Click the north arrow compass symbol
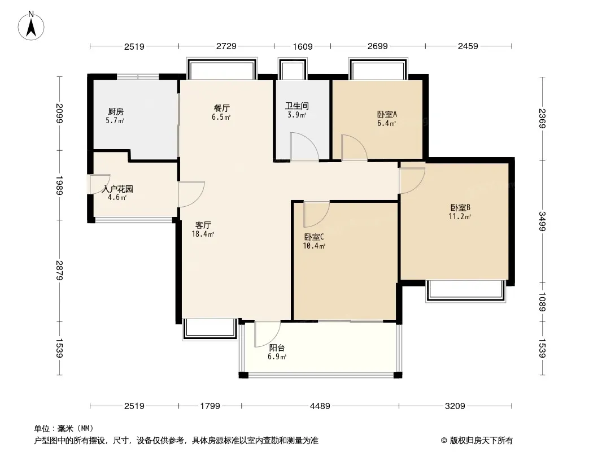tap(31, 26)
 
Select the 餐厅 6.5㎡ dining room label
tap(221, 112)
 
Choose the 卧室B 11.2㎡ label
tap(460, 212)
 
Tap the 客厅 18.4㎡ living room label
tap(203, 229)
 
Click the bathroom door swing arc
tap(304, 146)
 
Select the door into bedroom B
tap(412, 180)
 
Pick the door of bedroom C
tap(316, 214)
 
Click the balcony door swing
tap(267, 334)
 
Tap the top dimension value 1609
tap(303, 46)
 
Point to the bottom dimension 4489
tap(320, 406)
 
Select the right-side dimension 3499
tap(542, 221)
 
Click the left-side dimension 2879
tap(59, 271)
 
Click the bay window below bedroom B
tap(465, 291)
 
